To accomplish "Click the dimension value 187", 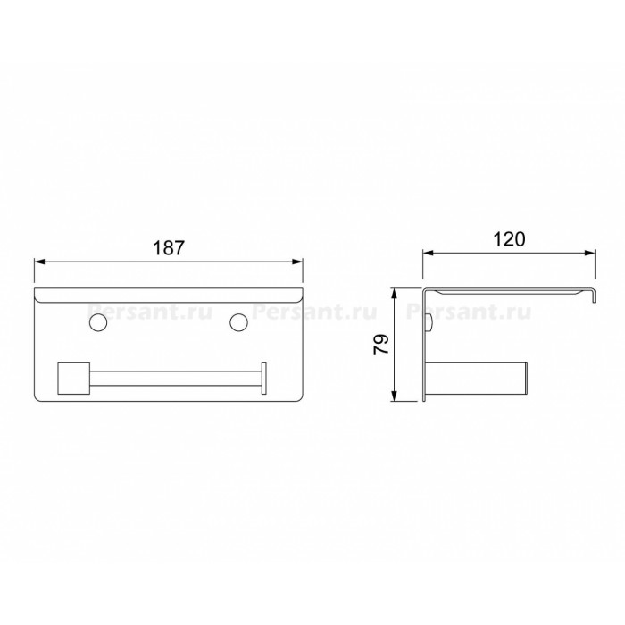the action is pyautogui.click(x=169, y=248).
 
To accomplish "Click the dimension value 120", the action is pyautogui.click(x=509, y=239).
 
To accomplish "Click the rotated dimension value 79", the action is pyautogui.click(x=381, y=345).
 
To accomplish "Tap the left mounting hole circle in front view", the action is pyautogui.click(x=98, y=322).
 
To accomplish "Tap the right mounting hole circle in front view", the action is pyautogui.click(x=238, y=322).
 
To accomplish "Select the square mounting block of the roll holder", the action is pyautogui.click(x=74, y=379).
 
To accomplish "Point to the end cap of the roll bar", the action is pyautogui.click(x=264, y=379).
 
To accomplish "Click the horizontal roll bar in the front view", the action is pyautogui.click(x=175, y=379).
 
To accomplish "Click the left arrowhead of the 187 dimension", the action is pyautogui.click(x=40, y=262).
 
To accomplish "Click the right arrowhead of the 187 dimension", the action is pyautogui.click(x=297, y=262).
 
